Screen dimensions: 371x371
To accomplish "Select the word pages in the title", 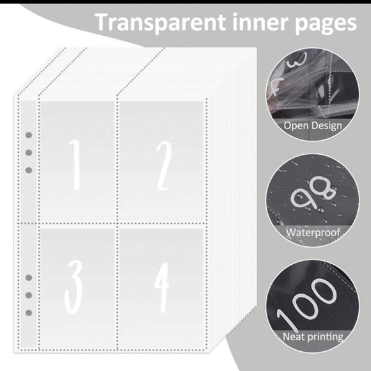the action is (x=326, y=24).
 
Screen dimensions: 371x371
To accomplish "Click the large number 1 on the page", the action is (x=75, y=164).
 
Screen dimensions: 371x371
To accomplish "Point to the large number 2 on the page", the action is (x=164, y=166).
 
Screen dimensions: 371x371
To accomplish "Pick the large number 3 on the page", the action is (x=74, y=287).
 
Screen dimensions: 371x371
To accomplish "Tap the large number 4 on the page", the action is (x=162, y=287).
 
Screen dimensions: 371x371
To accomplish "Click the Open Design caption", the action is (x=313, y=126).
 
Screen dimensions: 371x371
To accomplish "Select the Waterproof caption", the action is (x=313, y=232).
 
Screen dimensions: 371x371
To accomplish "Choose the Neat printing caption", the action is (x=313, y=336).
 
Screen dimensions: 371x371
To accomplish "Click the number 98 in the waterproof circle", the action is (x=313, y=193).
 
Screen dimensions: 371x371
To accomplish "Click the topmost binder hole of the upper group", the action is (x=29, y=135).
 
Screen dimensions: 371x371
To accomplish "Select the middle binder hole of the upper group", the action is (x=29, y=153).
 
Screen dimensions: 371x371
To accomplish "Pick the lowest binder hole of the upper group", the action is (x=29, y=170).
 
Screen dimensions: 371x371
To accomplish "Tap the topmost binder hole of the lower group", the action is (x=29, y=278).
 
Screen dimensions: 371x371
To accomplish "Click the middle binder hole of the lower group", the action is (x=29, y=296).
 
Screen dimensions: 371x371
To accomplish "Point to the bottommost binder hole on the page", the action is (x=29, y=313).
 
